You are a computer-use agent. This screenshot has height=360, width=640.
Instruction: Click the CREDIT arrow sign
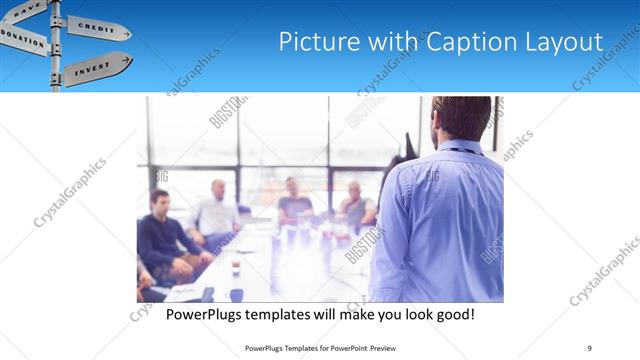[97, 27]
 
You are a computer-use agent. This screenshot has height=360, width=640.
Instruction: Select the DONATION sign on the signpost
[23, 37]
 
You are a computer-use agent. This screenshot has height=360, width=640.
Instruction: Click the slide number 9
[589, 347]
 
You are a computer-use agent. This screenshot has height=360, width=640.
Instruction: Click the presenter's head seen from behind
[460, 117]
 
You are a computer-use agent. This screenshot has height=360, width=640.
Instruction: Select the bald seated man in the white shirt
[218, 210]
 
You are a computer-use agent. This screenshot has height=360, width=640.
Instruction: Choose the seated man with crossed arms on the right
[356, 205]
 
